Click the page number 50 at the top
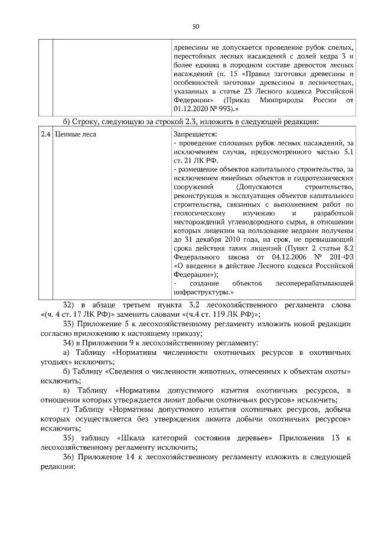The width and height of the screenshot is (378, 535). (x=195, y=26)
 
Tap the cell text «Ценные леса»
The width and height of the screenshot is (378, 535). (x=75, y=134)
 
